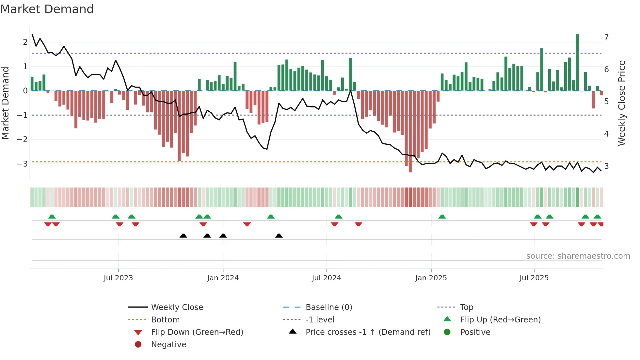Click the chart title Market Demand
47,9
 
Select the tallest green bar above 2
577,62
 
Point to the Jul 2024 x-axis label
326,278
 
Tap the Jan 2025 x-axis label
431,278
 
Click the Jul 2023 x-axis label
118,278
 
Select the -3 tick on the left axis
22,164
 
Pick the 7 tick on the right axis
606,37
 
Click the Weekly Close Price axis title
622,103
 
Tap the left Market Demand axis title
5,103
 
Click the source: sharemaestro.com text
578,256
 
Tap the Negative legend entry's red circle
138,345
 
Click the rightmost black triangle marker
279,236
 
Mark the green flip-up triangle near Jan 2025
442,217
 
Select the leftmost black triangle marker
183,236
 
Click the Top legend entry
466,307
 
